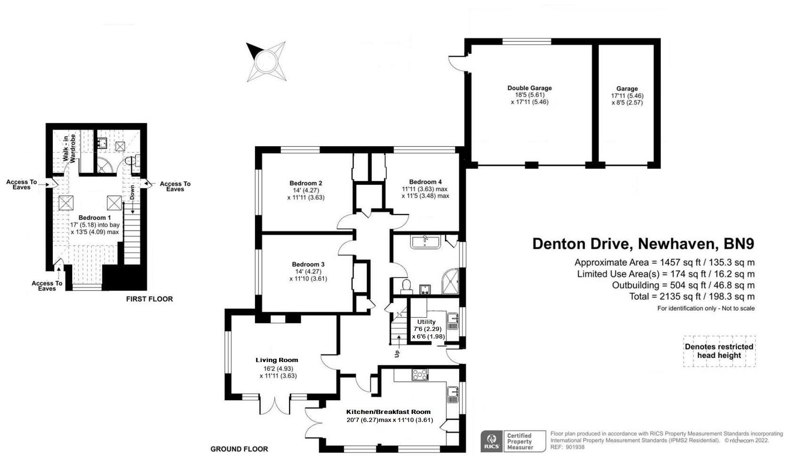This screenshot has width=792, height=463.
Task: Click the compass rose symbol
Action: pyautogui.click(x=265, y=62)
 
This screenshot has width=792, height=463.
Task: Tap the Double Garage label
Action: pyautogui.click(x=529, y=88)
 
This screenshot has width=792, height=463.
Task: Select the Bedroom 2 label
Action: pyautogui.click(x=305, y=183)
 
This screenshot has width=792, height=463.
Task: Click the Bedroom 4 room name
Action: pyautogui.click(x=425, y=182)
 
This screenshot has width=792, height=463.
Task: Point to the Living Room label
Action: pyautogui.click(x=277, y=360)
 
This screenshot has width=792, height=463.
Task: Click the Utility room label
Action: pyautogui.click(x=426, y=322)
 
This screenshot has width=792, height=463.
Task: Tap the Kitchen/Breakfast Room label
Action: pyautogui.click(x=388, y=412)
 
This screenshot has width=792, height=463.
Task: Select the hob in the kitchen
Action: pyautogui.click(x=420, y=375)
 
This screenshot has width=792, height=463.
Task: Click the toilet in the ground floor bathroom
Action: pyautogui.click(x=405, y=285)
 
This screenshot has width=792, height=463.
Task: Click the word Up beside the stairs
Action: pyautogui.click(x=397, y=353)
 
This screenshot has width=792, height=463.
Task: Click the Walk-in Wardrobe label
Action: pyautogui.click(x=70, y=149)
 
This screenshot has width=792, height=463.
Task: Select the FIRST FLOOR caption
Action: pyautogui.click(x=149, y=299)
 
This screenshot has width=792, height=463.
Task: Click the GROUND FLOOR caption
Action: pyautogui.click(x=239, y=449)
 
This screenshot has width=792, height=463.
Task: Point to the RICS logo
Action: pyautogui.click(x=491, y=442)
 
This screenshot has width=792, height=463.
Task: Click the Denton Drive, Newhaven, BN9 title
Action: pyautogui.click(x=643, y=244)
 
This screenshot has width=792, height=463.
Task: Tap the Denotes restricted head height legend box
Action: pyautogui.click(x=719, y=351)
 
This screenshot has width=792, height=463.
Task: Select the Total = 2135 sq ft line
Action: pyautogui.click(x=692, y=297)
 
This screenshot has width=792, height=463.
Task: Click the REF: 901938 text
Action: pyautogui.click(x=567, y=447)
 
